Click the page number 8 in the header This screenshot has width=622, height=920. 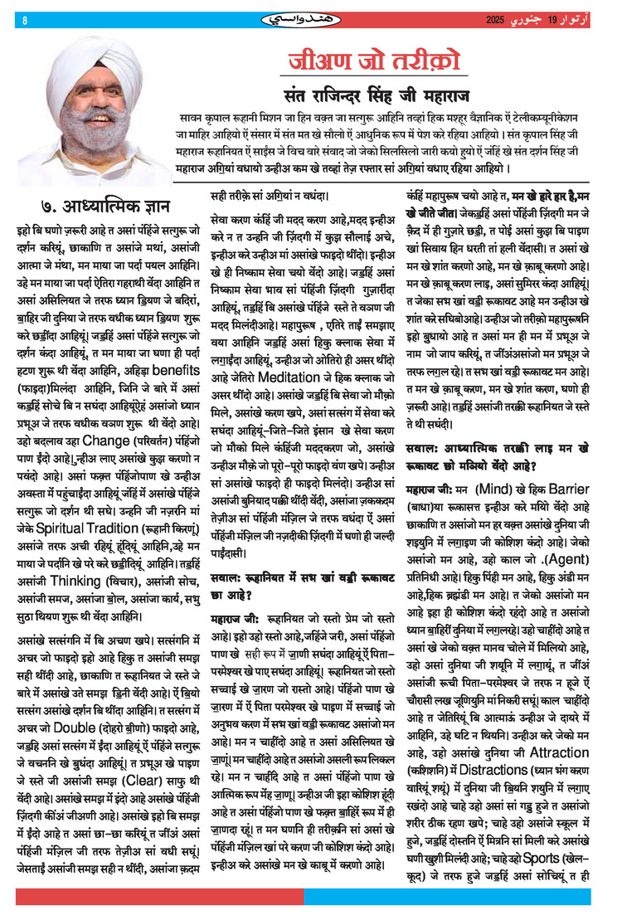click(25, 20)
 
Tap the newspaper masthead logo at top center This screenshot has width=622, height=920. click(311, 18)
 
